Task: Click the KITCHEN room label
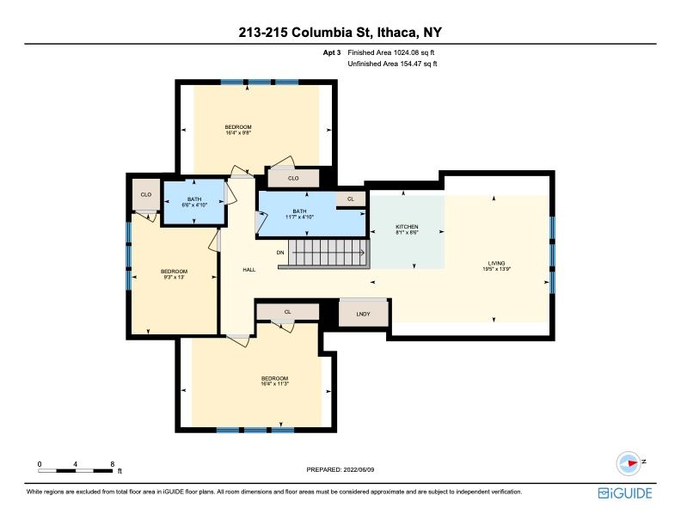pyautogui.click(x=407, y=227)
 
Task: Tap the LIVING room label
pyautogui.click(x=496, y=263)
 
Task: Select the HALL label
pyautogui.click(x=248, y=270)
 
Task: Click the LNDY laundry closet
pyautogui.click(x=363, y=313)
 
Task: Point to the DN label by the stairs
pyautogui.click(x=280, y=252)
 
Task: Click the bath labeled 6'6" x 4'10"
pyautogui.click(x=194, y=202)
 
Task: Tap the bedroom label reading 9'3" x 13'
pyautogui.click(x=174, y=274)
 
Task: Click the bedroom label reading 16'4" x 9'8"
pyautogui.click(x=238, y=130)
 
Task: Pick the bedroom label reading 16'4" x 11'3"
pyautogui.click(x=274, y=381)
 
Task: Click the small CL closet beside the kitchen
pyautogui.click(x=351, y=199)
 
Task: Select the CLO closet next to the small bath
pyautogui.click(x=146, y=194)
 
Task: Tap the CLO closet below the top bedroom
pyautogui.click(x=293, y=178)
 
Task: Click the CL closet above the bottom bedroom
pyautogui.click(x=287, y=312)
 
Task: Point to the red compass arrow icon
pyautogui.click(x=632, y=463)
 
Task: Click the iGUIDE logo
pyautogui.click(x=625, y=493)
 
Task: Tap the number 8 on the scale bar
pyautogui.click(x=113, y=464)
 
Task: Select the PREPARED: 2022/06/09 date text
pyautogui.click(x=340, y=469)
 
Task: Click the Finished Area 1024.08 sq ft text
pyautogui.click(x=391, y=52)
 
